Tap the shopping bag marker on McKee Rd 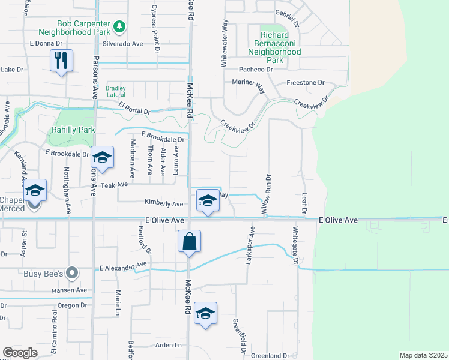(189, 242)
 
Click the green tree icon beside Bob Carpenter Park (119, 26)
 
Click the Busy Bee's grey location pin (73, 274)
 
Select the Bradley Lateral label (116, 91)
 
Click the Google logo (20, 352)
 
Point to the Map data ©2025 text (423, 355)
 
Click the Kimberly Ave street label (163, 204)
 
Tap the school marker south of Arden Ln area (205, 314)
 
